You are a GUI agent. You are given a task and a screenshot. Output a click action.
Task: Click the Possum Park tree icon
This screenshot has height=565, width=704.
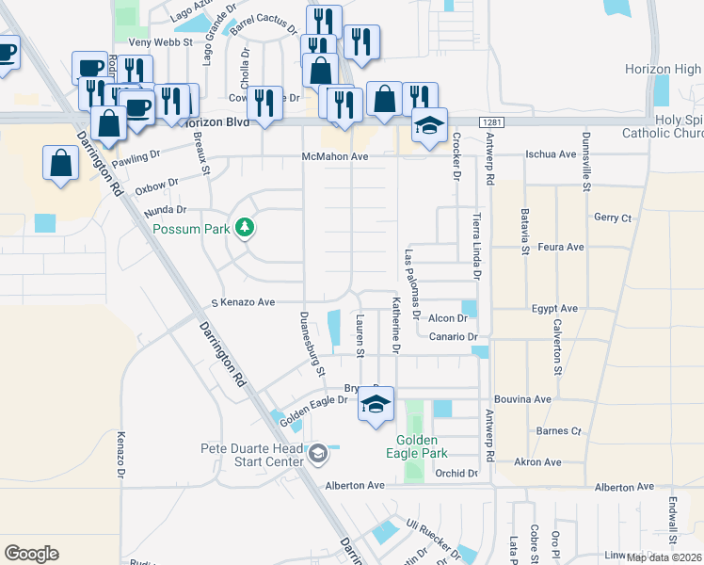coord(245,228)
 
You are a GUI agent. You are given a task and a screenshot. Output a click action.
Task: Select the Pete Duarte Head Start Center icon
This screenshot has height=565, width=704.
coord(318,455)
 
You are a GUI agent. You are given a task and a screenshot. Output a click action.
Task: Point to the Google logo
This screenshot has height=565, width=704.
coord(31,553)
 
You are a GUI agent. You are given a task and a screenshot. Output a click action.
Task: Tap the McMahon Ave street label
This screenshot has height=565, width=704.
coord(334,156)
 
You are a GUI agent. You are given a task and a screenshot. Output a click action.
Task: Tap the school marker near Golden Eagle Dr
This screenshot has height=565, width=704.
coord(376,406)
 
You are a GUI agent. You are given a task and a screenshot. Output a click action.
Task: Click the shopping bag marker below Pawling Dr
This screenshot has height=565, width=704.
coord(61,162)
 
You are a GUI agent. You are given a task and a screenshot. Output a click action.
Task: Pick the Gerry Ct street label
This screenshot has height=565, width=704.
coord(613,218)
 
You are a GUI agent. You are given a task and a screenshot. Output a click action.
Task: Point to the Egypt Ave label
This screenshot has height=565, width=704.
coord(554,308)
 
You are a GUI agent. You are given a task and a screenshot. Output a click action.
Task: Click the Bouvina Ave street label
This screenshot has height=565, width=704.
coord(522,399)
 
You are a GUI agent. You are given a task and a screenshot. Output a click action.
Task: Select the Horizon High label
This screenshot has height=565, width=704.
coord(663,70)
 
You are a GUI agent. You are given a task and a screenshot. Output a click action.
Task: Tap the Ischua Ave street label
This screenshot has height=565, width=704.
coord(550,153)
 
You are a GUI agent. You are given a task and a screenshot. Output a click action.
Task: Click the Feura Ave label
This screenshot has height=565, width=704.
coord(561,247)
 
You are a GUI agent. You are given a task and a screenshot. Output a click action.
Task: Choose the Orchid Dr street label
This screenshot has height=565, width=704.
coord(456,473)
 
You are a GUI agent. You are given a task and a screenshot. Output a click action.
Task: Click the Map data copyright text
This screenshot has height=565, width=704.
coord(664,557)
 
